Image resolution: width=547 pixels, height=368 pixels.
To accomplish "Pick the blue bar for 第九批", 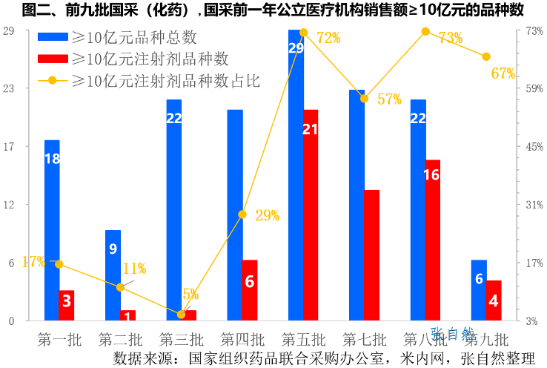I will coord(479,290).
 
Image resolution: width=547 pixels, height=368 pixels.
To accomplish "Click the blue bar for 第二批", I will coord(113,275).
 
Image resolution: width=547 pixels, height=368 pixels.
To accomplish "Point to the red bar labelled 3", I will coord(67,305).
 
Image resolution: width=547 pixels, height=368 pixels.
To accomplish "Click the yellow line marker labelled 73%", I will coord(425,31).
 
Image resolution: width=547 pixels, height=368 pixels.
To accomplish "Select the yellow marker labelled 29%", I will coord(242,214).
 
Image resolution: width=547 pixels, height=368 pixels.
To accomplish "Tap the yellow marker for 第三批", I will coord(182,315).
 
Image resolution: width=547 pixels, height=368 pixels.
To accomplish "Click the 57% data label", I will coord(389,99).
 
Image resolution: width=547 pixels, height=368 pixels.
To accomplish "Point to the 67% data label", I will coord(503,73).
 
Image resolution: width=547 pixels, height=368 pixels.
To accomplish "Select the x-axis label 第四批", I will coord(242,340).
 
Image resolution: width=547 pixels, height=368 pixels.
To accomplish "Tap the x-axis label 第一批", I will coord(59,340).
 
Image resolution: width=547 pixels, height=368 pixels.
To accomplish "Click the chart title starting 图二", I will coord(273,10).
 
